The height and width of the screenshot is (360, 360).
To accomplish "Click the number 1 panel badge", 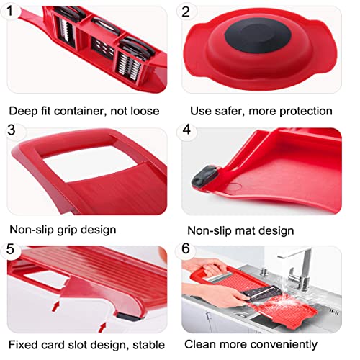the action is (10, 11).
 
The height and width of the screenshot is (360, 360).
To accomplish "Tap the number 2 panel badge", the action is (186, 12).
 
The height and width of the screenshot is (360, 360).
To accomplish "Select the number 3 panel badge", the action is (12, 130).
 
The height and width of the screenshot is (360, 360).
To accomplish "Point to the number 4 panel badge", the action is (186, 130).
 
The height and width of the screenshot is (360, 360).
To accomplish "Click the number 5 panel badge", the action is (10, 249).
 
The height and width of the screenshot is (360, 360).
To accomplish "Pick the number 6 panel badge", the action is (186, 248).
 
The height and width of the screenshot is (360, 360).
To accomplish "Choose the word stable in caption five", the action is (149, 345).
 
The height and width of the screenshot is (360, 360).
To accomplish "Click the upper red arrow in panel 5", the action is (55, 306).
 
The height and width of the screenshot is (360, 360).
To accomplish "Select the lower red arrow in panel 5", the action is (102, 328).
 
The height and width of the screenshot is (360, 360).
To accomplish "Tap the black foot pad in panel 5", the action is (128, 317).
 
